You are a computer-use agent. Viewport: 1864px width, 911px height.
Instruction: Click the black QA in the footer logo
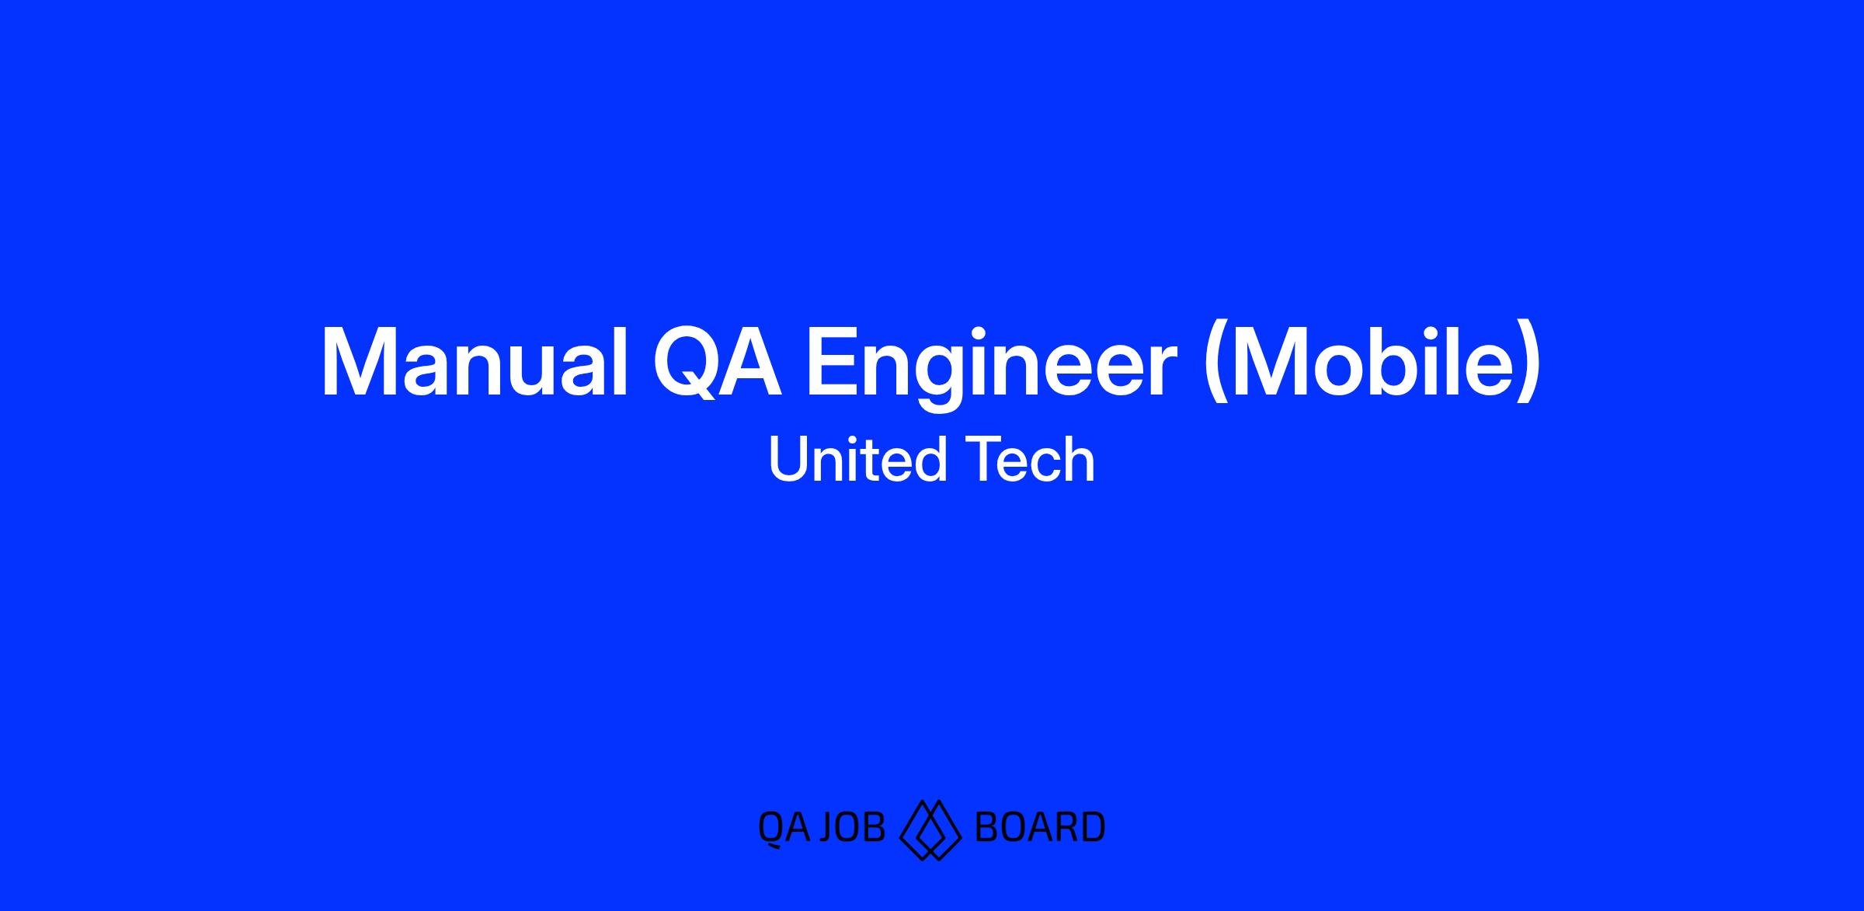pos(784,829)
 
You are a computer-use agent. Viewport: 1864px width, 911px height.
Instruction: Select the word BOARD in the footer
pos(1039,827)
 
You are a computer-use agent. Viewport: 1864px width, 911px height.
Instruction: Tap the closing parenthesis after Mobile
pos(1528,365)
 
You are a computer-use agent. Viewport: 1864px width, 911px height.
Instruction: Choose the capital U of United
pos(788,460)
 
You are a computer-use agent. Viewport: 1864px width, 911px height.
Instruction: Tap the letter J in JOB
pos(829,827)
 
